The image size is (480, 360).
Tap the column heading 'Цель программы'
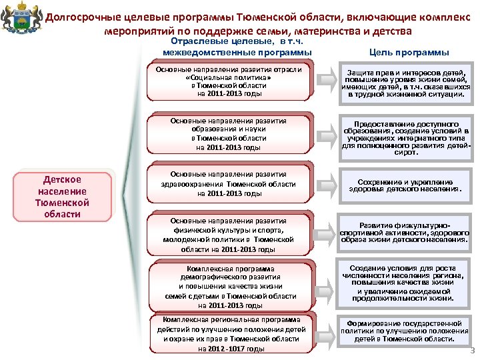pyautogui.click(x=409, y=52)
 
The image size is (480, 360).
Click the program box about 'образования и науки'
pyautogui.click(x=229, y=134)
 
